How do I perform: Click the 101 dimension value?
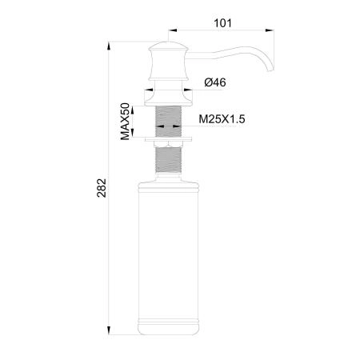223,22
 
